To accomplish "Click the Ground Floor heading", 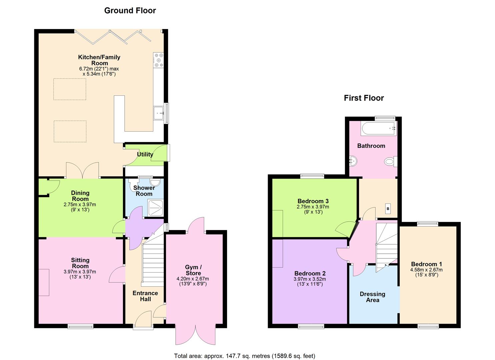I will point(130,11).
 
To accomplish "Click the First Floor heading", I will point(364,98).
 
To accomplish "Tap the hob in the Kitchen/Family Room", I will point(158,60).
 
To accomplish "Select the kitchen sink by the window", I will point(158,113).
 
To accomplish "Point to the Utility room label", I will point(145,154).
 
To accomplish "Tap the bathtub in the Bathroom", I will point(378,129).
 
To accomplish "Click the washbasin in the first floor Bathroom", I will point(353,162).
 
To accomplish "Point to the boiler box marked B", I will point(388,209).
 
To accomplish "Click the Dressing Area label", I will point(372,297).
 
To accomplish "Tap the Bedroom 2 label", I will point(310,274).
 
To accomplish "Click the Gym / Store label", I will point(193,270).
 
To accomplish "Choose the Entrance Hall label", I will point(145,296).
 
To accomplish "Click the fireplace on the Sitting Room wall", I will point(44,282).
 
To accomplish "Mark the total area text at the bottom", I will point(244,356).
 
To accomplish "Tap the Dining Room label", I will point(80,196).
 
